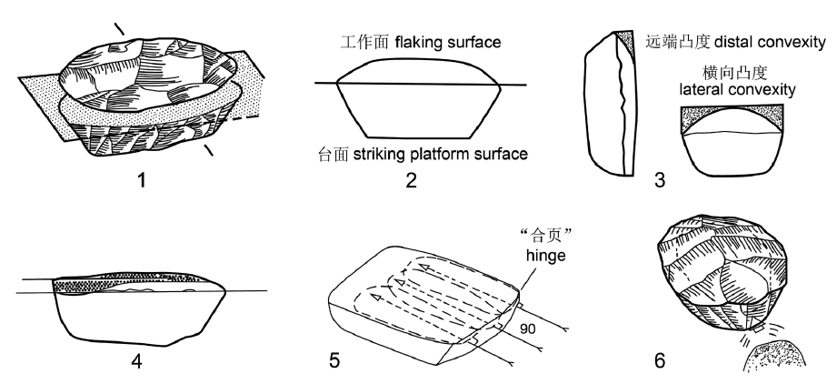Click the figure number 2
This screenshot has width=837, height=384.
[x=411, y=180]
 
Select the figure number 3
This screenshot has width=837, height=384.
[x=660, y=180]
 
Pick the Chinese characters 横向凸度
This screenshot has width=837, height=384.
[x=738, y=73]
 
